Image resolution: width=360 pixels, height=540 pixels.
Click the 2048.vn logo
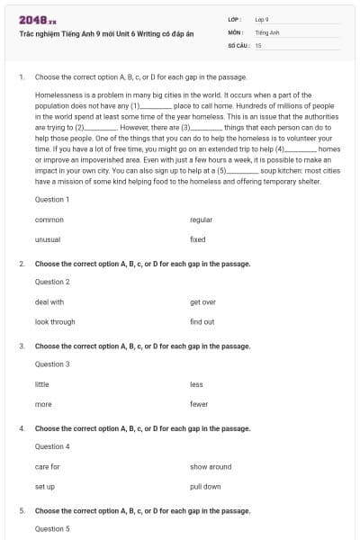(37, 20)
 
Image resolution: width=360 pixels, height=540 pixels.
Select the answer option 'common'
(49, 220)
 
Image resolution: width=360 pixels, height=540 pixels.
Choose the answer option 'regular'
(201, 220)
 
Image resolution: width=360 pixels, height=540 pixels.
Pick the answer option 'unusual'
(47, 239)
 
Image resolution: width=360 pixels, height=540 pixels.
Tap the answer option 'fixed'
(198, 239)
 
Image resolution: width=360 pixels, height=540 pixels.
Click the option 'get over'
(202, 302)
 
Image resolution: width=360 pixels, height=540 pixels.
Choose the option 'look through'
(55, 321)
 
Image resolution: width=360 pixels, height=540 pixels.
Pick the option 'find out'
(202, 321)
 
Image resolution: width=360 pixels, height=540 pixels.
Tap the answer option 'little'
(41, 384)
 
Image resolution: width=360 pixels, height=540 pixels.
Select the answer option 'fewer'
(199, 404)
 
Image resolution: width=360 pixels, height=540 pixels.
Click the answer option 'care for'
(47, 467)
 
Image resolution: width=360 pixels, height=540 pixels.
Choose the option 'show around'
(211, 467)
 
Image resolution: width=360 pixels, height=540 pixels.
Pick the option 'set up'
(45, 486)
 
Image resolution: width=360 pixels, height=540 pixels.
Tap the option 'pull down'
(205, 486)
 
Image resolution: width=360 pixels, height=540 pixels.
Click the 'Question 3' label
(51, 364)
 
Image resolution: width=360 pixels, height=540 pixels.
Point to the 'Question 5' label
(51, 528)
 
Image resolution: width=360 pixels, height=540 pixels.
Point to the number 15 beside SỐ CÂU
(258, 44)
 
